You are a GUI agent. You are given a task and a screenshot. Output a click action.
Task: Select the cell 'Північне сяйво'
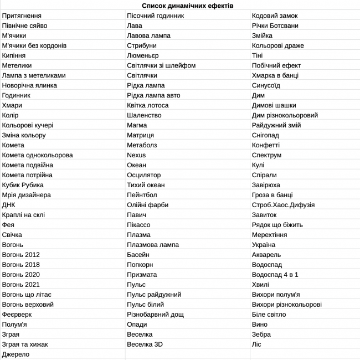[24, 25]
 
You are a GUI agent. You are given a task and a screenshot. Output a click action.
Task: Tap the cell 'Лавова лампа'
[148, 35]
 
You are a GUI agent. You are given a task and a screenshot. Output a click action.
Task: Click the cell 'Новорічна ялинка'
[29, 85]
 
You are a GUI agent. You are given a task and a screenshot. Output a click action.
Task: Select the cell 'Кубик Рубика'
[23, 185]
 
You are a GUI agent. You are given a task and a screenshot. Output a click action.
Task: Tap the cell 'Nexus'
[136, 155]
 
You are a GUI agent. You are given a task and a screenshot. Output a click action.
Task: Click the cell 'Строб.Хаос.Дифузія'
[283, 205]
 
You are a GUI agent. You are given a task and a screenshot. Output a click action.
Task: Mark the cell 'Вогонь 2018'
[21, 265]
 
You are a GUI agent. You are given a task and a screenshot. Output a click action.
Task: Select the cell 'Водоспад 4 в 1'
[275, 275]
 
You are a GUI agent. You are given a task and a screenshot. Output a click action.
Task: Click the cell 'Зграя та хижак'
[25, 344]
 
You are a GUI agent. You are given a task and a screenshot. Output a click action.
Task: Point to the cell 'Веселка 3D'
[145, 344]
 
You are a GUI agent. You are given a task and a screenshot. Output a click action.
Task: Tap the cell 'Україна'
[264, 245]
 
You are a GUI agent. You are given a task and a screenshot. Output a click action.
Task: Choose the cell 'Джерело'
[16, 354]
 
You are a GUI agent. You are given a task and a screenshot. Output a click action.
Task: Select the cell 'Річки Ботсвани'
[275, 25]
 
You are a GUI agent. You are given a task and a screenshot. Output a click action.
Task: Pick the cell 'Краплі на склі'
[23, 215]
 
